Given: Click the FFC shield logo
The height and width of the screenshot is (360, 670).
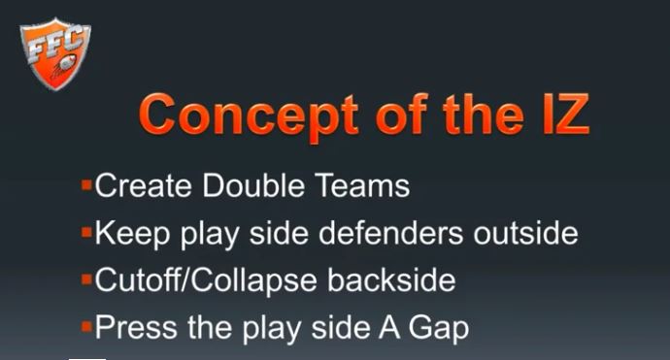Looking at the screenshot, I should point(54,53).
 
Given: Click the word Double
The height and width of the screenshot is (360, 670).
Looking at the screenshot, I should point(251,185).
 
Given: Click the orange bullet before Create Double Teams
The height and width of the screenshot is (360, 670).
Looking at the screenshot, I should point(87,183).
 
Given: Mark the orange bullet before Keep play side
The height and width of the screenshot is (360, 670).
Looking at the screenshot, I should point(87,231).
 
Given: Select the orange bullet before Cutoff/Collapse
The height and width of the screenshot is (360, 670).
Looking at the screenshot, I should point(87,278).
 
